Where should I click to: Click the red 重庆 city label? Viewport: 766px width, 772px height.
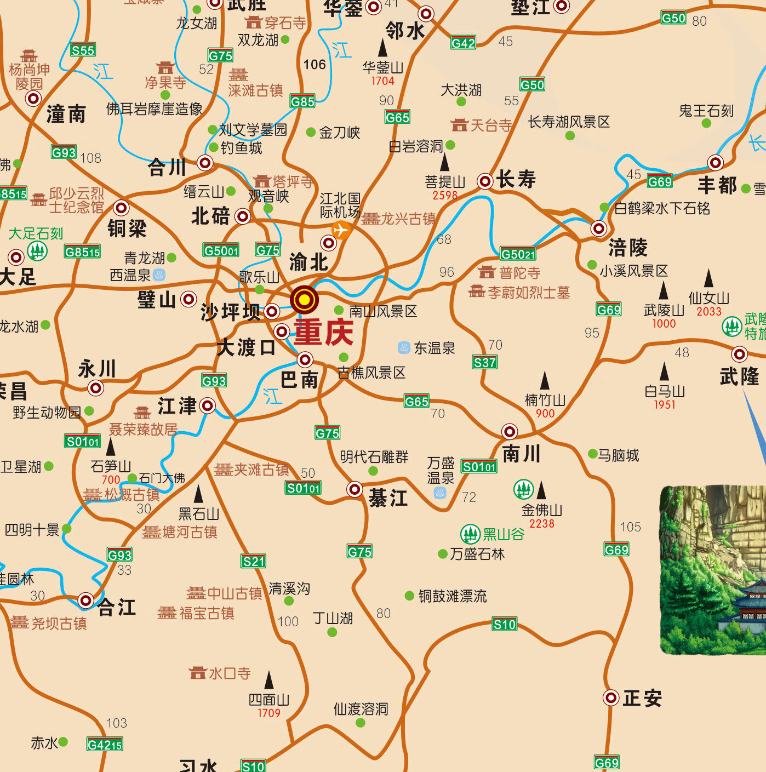[x=323, y=331]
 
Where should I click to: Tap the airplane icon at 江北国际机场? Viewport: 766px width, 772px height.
[x=341, y=230]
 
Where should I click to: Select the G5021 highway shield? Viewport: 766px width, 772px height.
[x=517, y=254]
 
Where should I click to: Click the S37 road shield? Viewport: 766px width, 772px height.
[x=484, y=362]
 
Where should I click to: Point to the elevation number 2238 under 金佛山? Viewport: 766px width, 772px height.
[x=541, y=524]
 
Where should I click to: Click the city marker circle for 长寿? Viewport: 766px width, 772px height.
[x=485, y=181]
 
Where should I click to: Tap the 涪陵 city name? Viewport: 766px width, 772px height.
[x=628, y=248]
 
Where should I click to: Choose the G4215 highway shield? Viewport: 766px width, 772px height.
[x=105, y=745]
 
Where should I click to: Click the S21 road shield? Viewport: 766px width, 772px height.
[x=254, y=561]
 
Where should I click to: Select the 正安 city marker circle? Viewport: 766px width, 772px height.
[x=610, y=697]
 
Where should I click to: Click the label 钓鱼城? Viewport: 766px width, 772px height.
[x=241, y=148]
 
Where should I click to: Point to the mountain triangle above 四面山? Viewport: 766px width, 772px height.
[x=268, y=680]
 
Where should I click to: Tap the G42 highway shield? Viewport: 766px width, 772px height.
[x=463, y=43]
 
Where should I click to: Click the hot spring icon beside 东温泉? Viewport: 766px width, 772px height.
[x=403, y=347]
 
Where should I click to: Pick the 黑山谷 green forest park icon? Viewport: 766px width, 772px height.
[x=470, y=534]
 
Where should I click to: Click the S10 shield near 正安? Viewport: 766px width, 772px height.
[x=504, y=624]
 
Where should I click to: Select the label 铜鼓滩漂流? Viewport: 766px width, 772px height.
[x=452, y=596]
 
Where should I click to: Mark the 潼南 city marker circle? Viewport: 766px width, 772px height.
[x=33, y=99]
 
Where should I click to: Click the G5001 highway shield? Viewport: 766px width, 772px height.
[x=221, y=250]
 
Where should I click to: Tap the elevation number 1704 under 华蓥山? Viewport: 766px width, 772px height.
[x=382, y=81]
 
